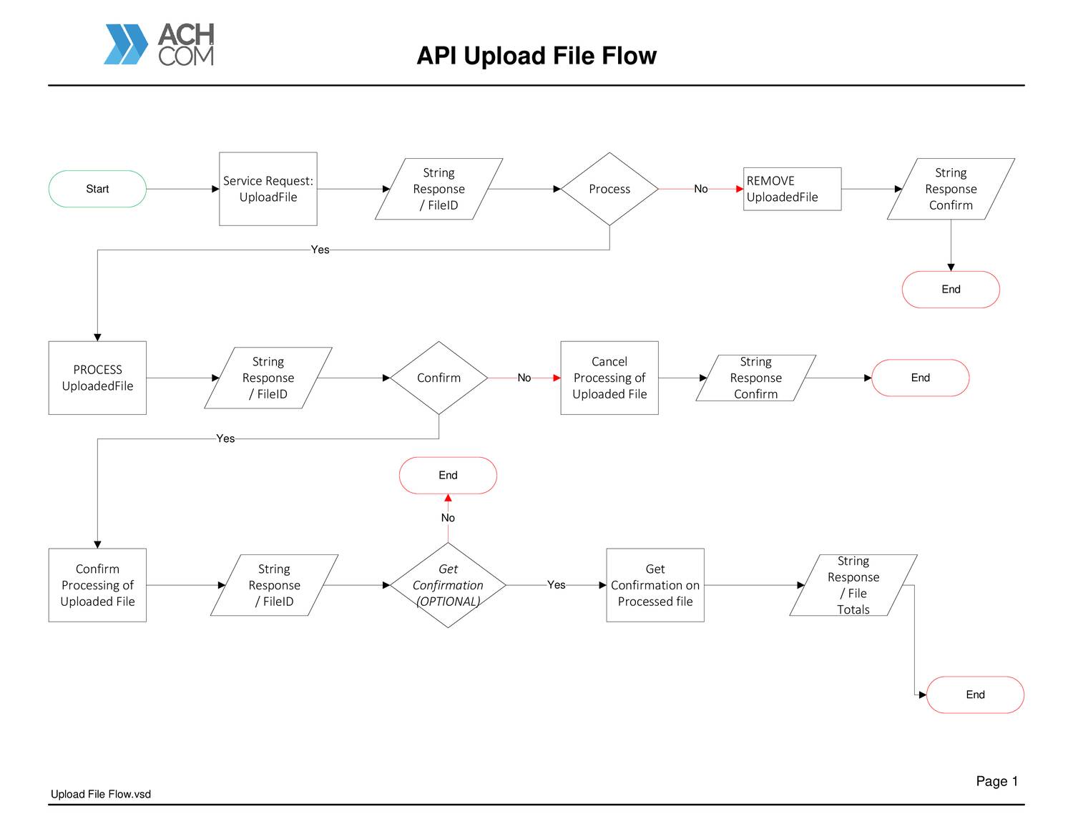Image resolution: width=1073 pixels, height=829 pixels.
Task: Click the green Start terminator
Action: pyautogui.click(x=97, y=189)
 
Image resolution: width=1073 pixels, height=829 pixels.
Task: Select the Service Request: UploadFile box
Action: pyautogui.click(x=268, y=189)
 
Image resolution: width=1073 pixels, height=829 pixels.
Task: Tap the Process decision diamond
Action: pyautogui.click(x=609, y=189)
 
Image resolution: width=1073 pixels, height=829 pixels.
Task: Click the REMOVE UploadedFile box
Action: pyautogui.click(x=792, y=189)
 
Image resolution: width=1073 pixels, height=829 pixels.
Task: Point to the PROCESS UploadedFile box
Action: pyautogui.click(x=97, y=378)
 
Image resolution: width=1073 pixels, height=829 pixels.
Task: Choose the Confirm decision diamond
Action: pyautogui.click(x=438, y=378)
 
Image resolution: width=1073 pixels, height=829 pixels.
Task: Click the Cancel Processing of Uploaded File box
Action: pyautogui.click(x=609, y=378)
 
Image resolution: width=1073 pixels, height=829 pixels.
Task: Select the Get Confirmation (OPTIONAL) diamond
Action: pyautogui.click(x=448, y=585)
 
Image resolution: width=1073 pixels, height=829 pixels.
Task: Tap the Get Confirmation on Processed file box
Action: pyautogui.click(x=655, y=585)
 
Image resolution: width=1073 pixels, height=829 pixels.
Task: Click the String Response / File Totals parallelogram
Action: pyautogui.click(x=853, y=585)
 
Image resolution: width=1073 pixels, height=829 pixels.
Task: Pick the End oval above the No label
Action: pyautogui.click(x=448, y=475)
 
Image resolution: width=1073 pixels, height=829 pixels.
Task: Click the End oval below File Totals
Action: pyautogui.click(x=975, y=695)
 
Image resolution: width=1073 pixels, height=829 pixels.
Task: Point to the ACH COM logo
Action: pyautogui.click(x=160, y=44)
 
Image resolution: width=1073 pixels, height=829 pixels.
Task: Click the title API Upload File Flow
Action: pyautogui.click(x=536, y=56)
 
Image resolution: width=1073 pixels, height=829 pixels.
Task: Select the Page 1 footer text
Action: pyautogui.click(x=996, y=781)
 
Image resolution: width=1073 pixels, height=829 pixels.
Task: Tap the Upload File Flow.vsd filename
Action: pyautogui.click(x=101, y=794)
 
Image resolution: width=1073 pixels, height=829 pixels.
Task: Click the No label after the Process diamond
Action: pyautogui.click(x=700, y=189)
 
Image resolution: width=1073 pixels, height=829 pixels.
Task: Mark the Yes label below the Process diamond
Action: pyautogui.click(x=320, y=250)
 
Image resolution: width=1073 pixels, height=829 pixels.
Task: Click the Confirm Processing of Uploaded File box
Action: pyautogui.click(x=97, y=585)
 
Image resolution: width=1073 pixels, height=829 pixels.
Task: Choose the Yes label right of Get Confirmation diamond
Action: pyautogui.click(x=556, y=585)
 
